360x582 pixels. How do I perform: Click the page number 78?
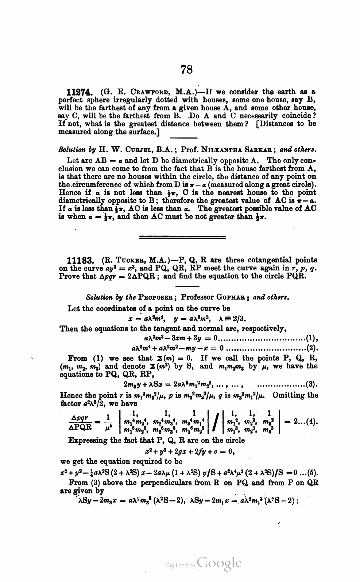(x=186, y=69)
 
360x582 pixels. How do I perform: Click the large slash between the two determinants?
(x=214, y=423)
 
